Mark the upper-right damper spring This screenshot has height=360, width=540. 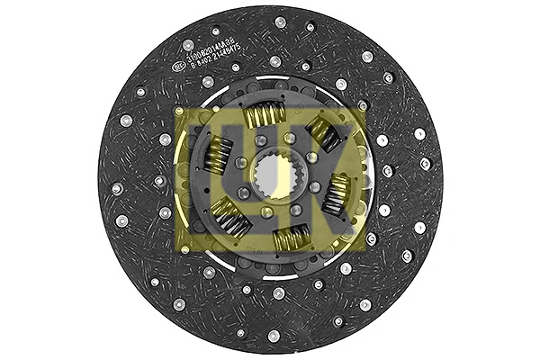[x=325, y=136]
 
